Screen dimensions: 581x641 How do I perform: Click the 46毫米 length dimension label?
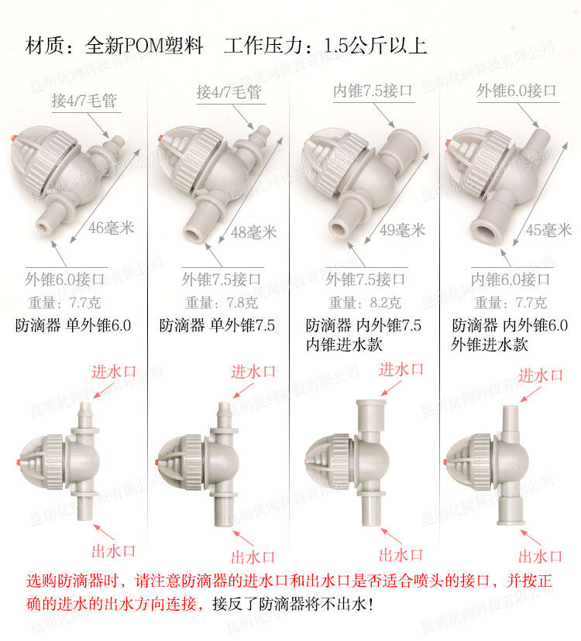[112, 228]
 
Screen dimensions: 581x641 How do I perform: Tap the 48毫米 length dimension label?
[253, 232]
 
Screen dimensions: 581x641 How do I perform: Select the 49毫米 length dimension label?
[402, 230]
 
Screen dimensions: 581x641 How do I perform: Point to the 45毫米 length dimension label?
[548, 230]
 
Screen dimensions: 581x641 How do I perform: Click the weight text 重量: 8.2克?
[365, 303]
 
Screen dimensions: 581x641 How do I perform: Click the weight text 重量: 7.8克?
[222, 303]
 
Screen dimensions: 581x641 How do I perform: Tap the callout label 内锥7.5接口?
[373, 91]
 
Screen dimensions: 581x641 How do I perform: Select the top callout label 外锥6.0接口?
[517, 91]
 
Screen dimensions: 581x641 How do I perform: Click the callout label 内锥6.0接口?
[511, 279]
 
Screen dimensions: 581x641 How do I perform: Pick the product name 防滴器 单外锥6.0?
[74, 325]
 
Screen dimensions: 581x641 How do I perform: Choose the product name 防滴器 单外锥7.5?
[217, 325]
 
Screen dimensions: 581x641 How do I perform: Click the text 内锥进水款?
[344, 344]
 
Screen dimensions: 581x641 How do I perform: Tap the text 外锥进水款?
[490, 344]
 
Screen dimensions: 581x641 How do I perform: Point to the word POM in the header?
[143, 46]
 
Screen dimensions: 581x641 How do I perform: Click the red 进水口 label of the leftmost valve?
[114, 372]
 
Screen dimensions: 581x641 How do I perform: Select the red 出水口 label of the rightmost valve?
[540, 557]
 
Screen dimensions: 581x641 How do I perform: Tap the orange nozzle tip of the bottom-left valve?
[19, 461]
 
